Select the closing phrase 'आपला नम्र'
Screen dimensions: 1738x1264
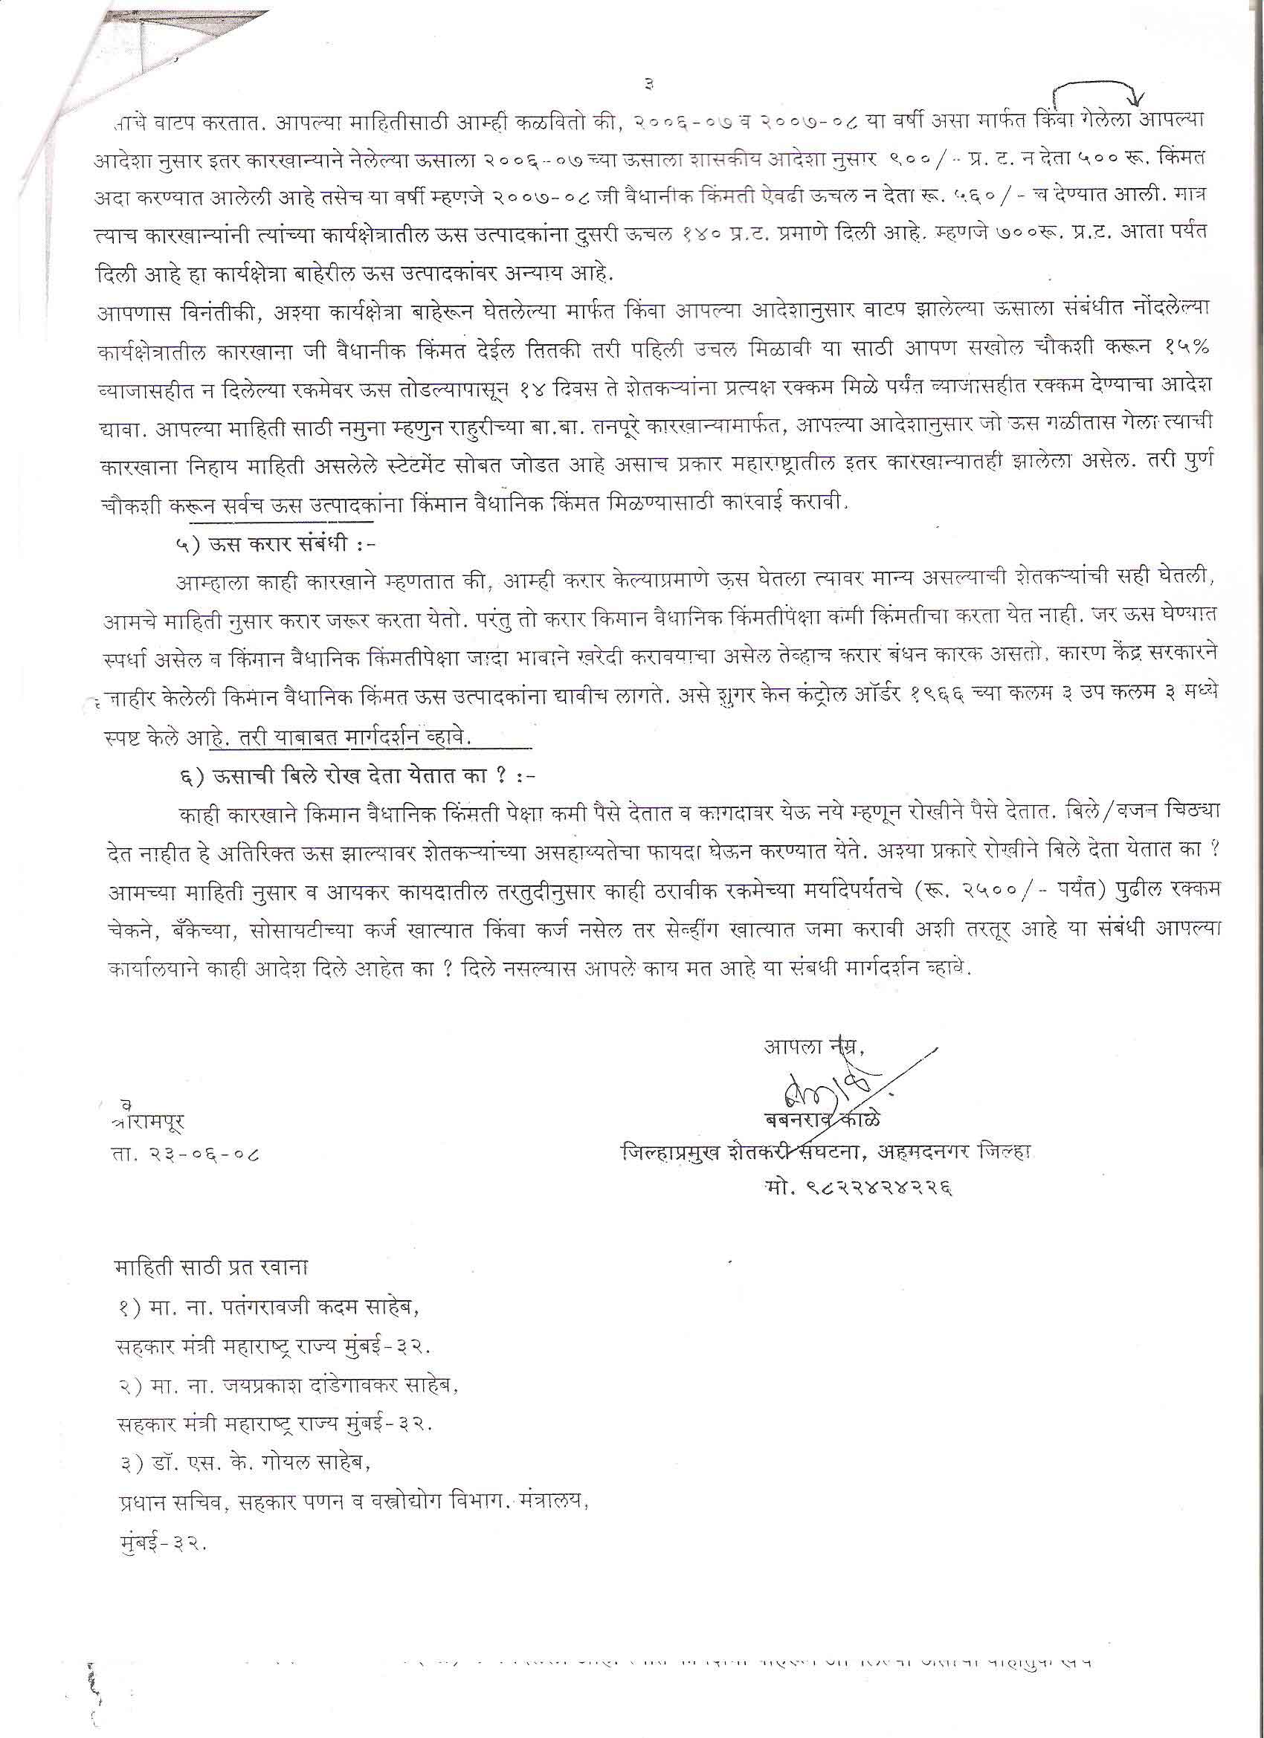pyautogui.click(x=811, y=1046)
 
